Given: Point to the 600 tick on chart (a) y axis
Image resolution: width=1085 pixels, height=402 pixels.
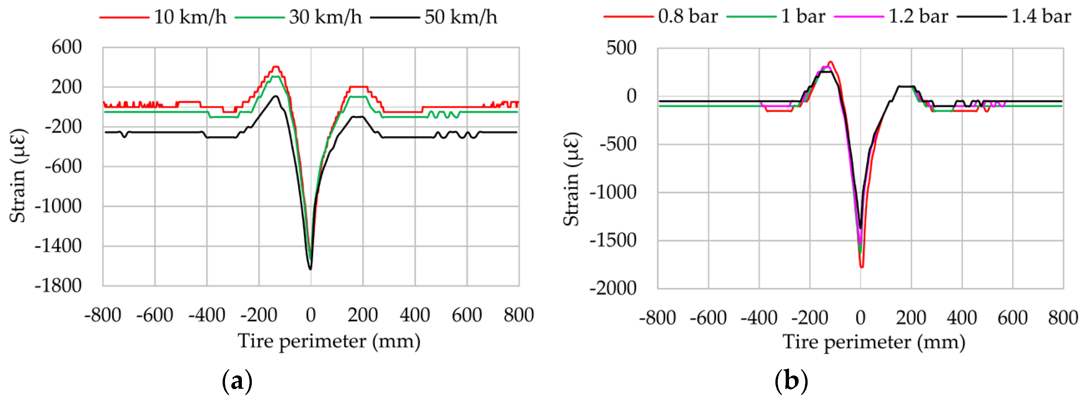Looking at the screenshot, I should (x=67, y=47).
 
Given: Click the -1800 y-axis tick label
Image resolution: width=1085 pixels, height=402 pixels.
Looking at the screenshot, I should (x=58, y=286).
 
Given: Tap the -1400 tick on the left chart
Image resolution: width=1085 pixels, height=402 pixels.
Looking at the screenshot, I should (x=58, y=246).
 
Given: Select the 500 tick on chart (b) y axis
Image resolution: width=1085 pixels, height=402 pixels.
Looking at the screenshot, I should (x=621, y=48).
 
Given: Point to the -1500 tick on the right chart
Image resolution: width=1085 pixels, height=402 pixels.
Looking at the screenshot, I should (x=613, y=240).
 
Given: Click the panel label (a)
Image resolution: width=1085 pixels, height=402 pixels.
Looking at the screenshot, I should (x=237, y=381).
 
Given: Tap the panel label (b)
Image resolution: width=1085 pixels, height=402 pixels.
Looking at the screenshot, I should (x=791, y=381).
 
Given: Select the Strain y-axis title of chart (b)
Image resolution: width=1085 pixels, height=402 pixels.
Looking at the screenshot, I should (x=572, y=179).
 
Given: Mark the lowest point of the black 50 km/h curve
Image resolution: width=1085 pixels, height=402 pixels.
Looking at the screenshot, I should (x=311, y=269).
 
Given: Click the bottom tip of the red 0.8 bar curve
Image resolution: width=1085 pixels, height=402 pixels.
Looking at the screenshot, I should (x=862, y=267).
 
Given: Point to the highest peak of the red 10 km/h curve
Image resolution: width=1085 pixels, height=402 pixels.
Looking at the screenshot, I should (x=276, y=67).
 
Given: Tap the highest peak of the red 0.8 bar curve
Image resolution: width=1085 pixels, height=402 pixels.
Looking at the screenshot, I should (x=830, y=61).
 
